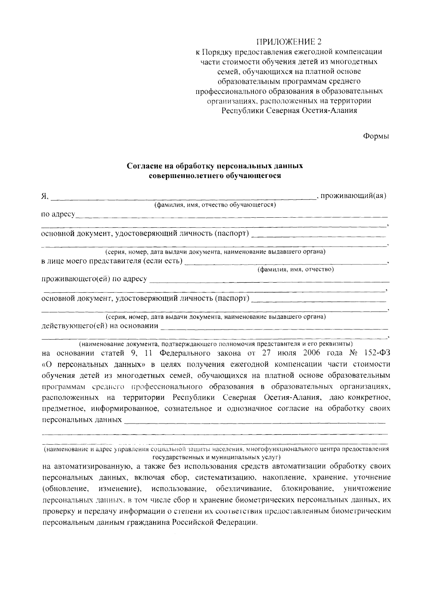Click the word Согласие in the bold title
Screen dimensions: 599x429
coord(143,166)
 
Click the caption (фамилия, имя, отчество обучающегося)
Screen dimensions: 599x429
coord(214,205)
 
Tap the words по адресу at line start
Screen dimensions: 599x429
coord(58,214)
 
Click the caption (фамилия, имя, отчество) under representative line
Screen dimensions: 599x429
coord(296,269)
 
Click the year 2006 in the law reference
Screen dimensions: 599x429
coord(312,353)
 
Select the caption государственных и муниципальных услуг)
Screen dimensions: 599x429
coord(217,457)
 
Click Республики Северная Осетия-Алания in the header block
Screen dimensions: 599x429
coord(289,110)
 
